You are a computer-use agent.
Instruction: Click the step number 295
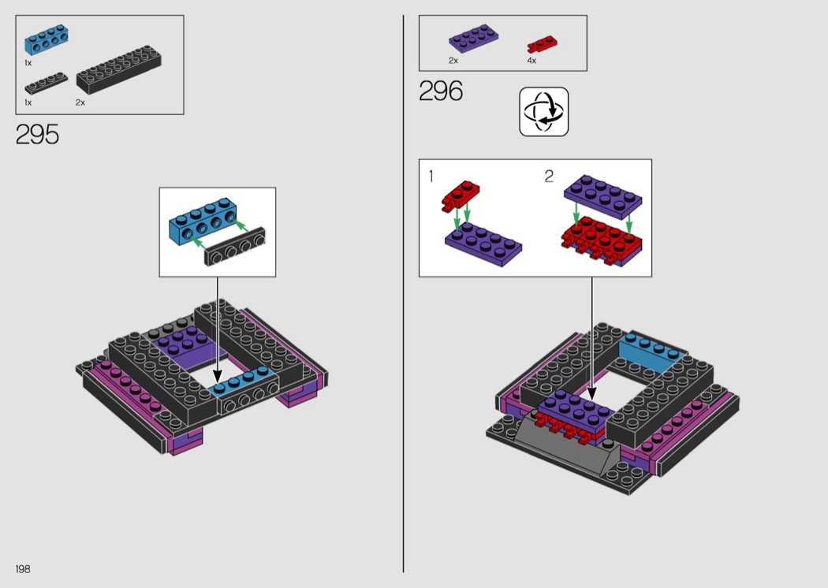pyautogui.click(x=37, y=135)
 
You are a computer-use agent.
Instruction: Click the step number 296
pyautogui.click(x=440, y=91)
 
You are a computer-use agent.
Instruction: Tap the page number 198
pyautogui.click(x=23, y=568)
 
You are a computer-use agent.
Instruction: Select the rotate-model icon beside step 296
pyautogui.click(x=543, y=112)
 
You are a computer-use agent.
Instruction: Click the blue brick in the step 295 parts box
pyautogui.click(x=46, y=39)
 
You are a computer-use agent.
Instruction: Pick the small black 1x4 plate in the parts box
pyautogui.click(x=46, y=83)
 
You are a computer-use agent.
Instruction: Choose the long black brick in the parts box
pyautogui.click(x=119, y=70)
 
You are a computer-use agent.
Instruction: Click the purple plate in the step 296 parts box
pyautogui.click(x=473, y=39)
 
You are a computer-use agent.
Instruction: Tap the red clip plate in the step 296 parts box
pyautogui.click(x=542, y=45)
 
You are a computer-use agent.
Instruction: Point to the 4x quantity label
pyautogui.click(x=531, y=61)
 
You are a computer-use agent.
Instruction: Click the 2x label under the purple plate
pyautogui.click(x=453, y=61)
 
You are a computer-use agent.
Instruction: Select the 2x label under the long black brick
pyautogui.click(x=80, y=102)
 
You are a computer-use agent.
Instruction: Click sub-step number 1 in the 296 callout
pyautogui.click(x=431, y=176)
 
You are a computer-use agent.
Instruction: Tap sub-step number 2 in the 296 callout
pyautogui.click(x=549, y=176)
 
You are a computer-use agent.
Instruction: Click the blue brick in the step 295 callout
pyautogui.click(x=203, y=221)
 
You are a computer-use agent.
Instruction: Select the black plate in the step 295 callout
pyautogui.click(x=235, y=247)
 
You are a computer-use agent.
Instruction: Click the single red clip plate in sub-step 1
pyautogui.click(x=461, y=197)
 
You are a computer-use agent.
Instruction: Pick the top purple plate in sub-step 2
pyautogui.click(x=603, y=196)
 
